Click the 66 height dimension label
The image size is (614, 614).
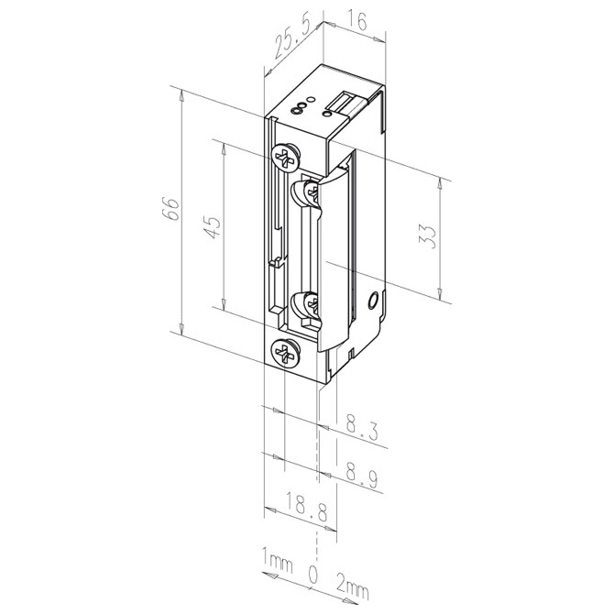(172, 209)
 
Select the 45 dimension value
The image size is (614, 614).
(213, 227)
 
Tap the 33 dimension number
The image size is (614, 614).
(428, 236)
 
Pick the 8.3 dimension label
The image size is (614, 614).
(362, 428)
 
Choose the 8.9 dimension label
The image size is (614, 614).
(362, 475)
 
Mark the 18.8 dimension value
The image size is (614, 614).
(306, 507)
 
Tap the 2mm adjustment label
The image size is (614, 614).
(353, 588)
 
